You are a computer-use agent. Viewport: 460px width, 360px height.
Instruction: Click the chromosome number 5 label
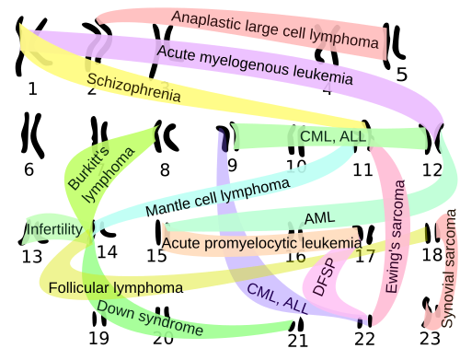pyautogui.click(x=401, y=75)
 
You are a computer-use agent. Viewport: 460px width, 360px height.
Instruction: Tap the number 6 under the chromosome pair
pyautogui.click(x=29, y=169)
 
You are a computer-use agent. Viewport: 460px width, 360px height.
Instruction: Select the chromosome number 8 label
pyautogui.click(x=165, y=169)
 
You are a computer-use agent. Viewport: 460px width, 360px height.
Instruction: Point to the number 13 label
pyautogui.click(x=32, y=257)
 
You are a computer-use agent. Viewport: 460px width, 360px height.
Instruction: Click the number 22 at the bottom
pyautogui.click(x=365, y=339)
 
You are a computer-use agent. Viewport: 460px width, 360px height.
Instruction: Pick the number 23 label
pyautogui.click(x=430, y=339)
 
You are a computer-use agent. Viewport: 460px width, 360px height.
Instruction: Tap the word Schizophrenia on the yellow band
pyautogui.click(x=133, y=87)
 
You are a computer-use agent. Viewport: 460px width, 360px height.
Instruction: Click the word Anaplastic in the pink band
pyautogui.click(x=206, y=20)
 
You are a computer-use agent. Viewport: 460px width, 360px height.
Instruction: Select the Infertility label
pyautogui.click(x=54, y=229)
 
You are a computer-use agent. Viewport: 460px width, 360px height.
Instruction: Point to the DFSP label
pyautogui.click(x=324, y=277)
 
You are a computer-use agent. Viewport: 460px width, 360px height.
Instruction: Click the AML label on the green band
pyautogui.click(x=319, y=218)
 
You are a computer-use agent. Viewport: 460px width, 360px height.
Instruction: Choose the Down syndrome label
pyautogui.click(x=150, y=318)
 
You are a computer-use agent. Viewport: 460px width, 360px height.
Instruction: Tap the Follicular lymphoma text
pyautogui.click(x=116, y=288)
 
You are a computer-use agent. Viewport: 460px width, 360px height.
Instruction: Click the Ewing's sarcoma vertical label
pyautogui.click(x=395, y=237)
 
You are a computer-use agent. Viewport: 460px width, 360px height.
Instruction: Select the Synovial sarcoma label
pyautogui.click(x=449, y=269)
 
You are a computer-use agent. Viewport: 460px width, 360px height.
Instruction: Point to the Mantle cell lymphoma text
pyautogui.click(x=217, y=197)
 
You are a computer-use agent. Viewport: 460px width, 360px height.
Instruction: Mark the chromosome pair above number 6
pyautogui.click(x=32, y=135)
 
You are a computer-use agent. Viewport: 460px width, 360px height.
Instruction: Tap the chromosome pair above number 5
pyautogui.click(x=394, y=45)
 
